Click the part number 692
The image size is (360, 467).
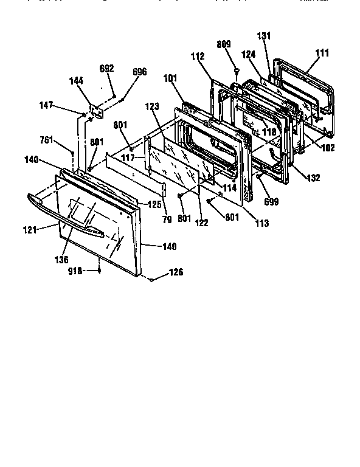tap(106, 68)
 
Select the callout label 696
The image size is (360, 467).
tap(139, 72)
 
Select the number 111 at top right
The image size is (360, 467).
tap(322, 54)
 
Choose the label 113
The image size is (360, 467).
tap(261, 223)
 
